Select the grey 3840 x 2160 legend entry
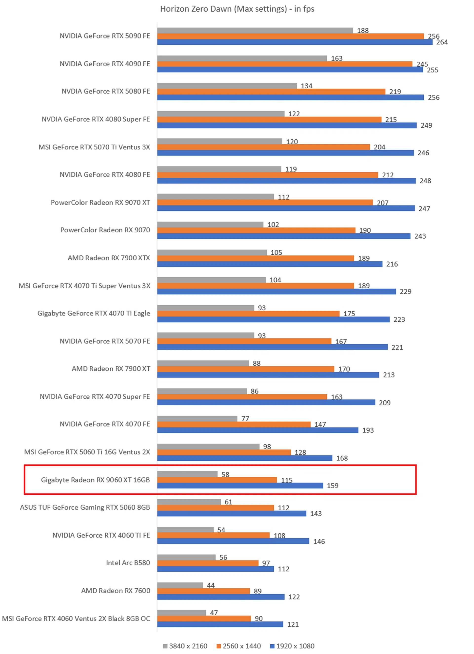[185, 646]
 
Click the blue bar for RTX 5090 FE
[294, 42]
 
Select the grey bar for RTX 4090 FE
[242, 58]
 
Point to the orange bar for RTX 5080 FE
[271, 92]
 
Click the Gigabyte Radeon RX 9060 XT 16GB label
[95, 480]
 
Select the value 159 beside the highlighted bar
[332, 486]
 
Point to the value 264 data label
[442, 42]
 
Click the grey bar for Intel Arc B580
[186, 557]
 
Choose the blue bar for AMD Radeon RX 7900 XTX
[269, 264]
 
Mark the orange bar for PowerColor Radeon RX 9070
[256, 230]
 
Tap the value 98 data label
[267, 446]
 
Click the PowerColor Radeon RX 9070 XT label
[100, 203]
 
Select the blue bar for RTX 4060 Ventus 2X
[220, 624]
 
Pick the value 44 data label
[211, 585]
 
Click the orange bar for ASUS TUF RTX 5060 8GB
[215, 507]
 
